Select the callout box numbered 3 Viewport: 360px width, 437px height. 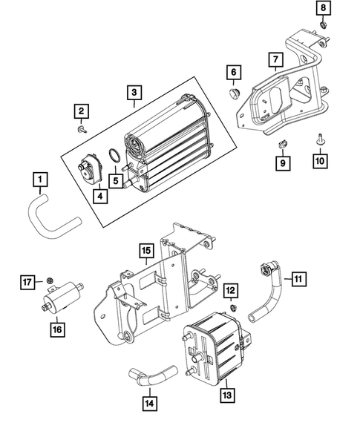coord(133,93)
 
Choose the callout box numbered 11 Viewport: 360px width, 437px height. coord(298,279)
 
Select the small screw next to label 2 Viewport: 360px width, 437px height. coord(79,128)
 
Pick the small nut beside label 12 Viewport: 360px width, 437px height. coord(233,306)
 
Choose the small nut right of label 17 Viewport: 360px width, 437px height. coord(49,280)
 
